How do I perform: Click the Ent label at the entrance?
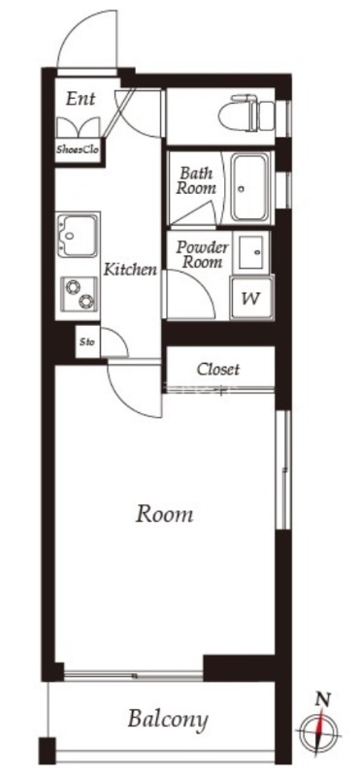pyautogui.click(x=81, y=99)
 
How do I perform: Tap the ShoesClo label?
pyautogui.click(x=78, y=149)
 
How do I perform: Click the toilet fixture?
pyautogui.click(x=252, y=113)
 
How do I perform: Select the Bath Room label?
pyautogui.click(x=197, y=180)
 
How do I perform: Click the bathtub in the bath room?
pyautogui.click(x=251, y=187)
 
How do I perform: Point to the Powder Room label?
pyautogui.click(x=203, y=254)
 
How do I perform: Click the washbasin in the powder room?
pyautogui.click(x=251, y=252)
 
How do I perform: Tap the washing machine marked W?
pyautogui.click(x=251, y=298)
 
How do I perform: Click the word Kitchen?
pyautogui.click(x=130, y=270)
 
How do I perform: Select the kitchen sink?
pyautogui.click(x=79, y=236)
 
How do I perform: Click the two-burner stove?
pyautogui.click(x=79, y=294)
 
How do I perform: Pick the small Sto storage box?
pyautogui.click(x=87, y=341)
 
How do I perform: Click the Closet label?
pyautogui.click(x=218, y=370)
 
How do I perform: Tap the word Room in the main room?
pyautogui.click(x=164, y=515)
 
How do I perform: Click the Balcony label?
pyautogui.click(x=167, y=719)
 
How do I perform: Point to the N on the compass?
pyautogui.click(x=323, y=699)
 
